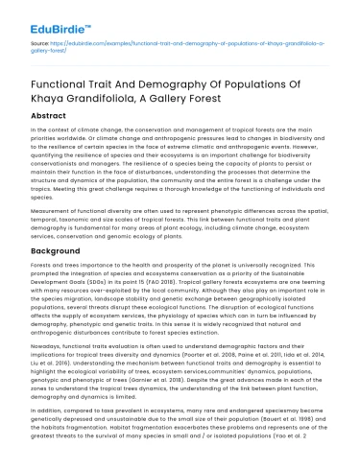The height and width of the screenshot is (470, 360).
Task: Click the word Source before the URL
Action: click(39, 44)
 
